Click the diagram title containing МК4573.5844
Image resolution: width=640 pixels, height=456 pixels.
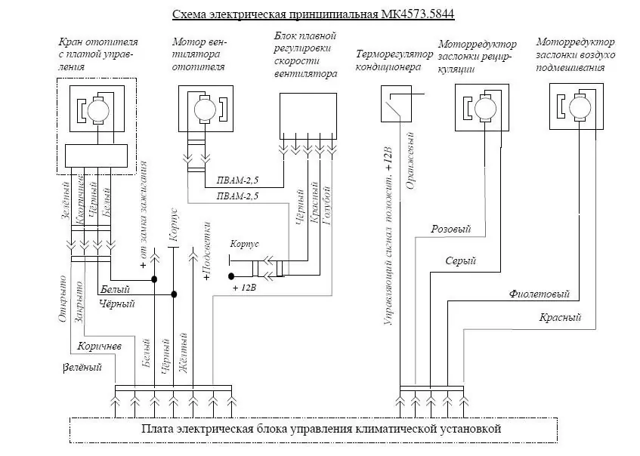coord(313,14)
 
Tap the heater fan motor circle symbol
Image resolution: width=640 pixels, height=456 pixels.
coord(205,109)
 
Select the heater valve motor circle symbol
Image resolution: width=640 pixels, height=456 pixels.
coord(98,110)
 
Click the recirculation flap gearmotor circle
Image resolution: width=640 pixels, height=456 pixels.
coord(485,109)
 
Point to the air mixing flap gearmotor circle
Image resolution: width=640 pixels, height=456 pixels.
coord(580,108)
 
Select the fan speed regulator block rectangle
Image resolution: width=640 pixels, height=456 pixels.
coord(308,116)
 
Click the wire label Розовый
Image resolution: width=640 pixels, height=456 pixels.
coord(451,229)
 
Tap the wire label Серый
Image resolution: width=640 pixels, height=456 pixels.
coord(461,260)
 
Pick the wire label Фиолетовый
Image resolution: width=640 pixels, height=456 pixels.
coord(540,294)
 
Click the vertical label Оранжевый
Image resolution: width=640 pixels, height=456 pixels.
coord(410,161)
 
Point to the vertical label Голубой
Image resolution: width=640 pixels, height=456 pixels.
coord(326,205)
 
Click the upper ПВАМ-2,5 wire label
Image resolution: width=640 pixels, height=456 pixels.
coord(237,180)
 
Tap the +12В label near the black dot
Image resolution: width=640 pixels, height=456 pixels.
coord(245,288)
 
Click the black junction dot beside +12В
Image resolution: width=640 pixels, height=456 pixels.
coord(231,276)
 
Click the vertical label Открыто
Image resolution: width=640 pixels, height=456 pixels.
coord(62,299)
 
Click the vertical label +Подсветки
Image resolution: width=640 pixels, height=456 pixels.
coord(207,251)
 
